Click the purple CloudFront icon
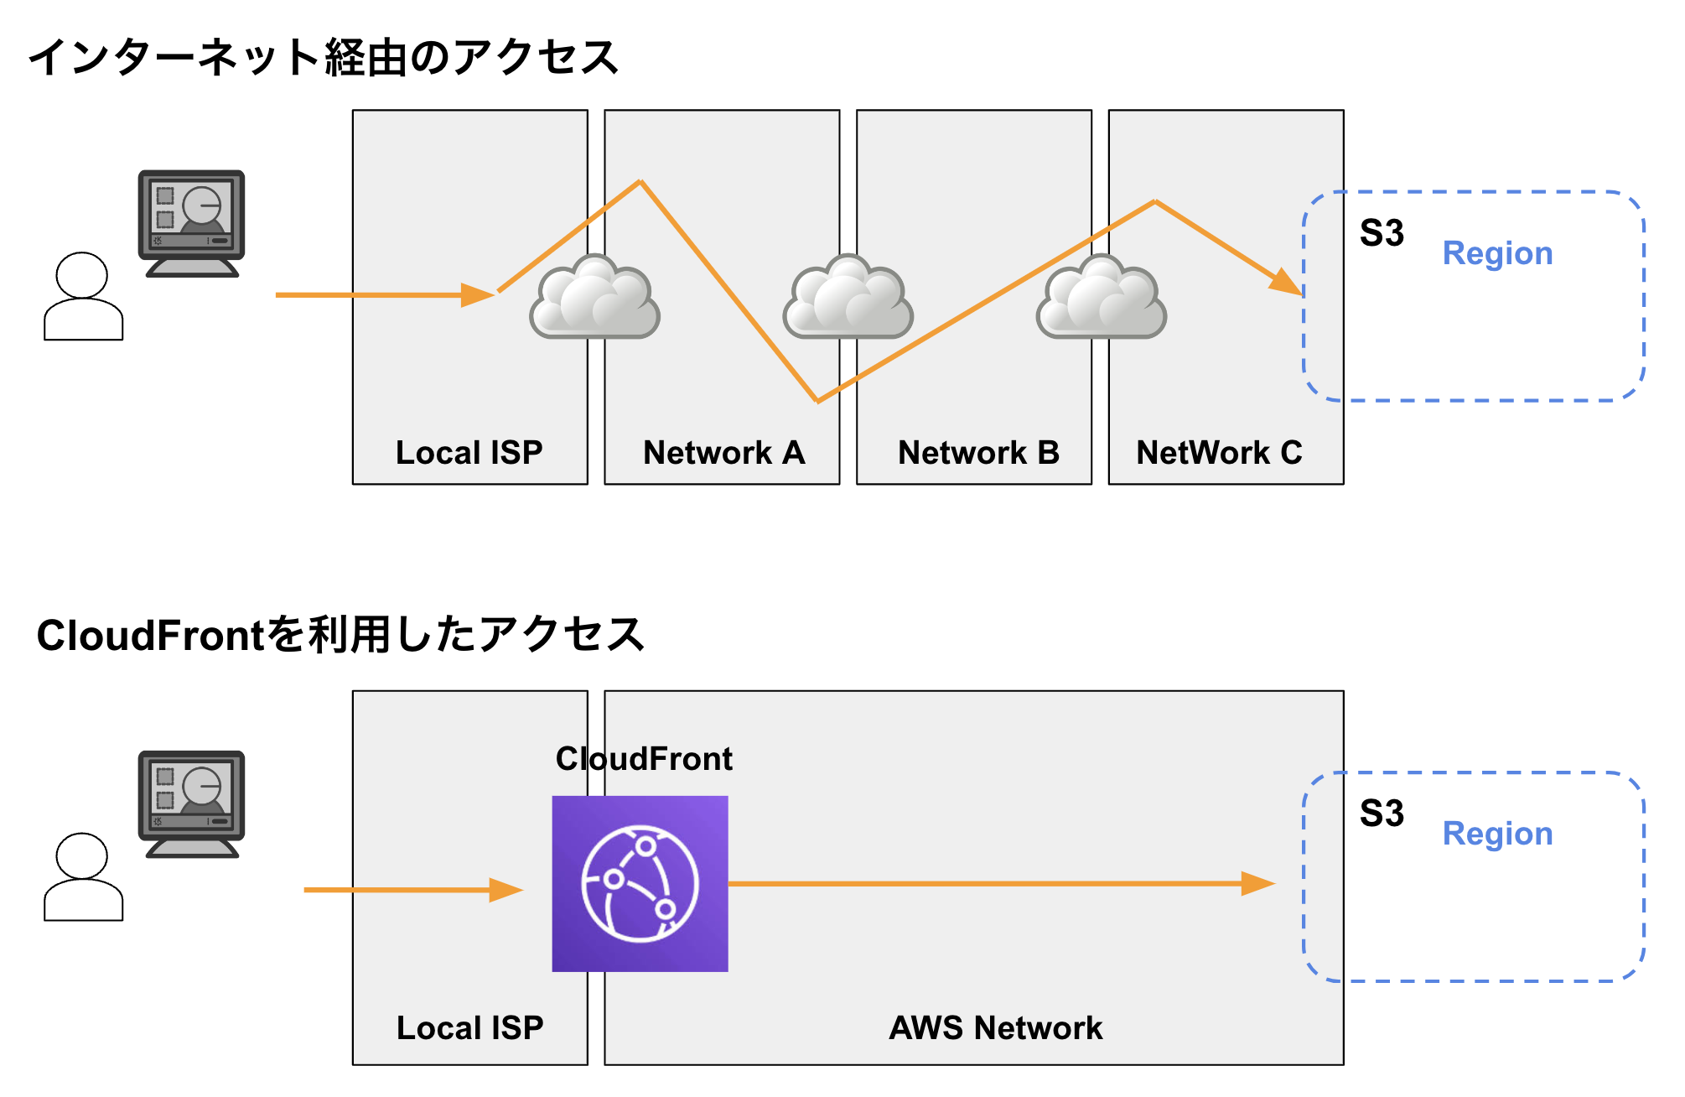pos(640,883)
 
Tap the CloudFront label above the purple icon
pos(644,759)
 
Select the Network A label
pos(723,453)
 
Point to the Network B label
pos(978,453)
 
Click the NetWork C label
pos(1219,453)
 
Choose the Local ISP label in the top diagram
pos(469,453)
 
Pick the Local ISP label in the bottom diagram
pos(469,1028)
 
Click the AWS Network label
pos(995,1028)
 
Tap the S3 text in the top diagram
pos(1382,233)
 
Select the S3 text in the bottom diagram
pos(1382,814)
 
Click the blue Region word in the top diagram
pos(1497,253)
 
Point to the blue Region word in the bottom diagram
pos(1497,834)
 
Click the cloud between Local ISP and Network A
pos(595,299)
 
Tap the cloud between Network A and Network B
pos(848,299)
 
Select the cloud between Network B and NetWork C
pos(1102,299)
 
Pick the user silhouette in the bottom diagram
pos(83,877)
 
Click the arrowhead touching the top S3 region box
pos(1288,282)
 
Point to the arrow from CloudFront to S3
pos(998,883)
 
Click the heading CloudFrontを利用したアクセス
pos(340,635)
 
